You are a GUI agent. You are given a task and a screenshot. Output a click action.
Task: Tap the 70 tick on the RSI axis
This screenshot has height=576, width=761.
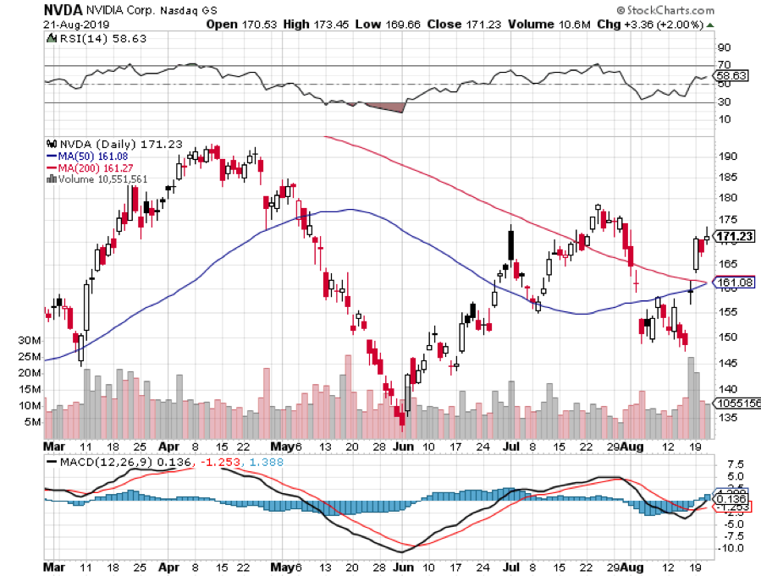pyautogui.click(x=724, y=64)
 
